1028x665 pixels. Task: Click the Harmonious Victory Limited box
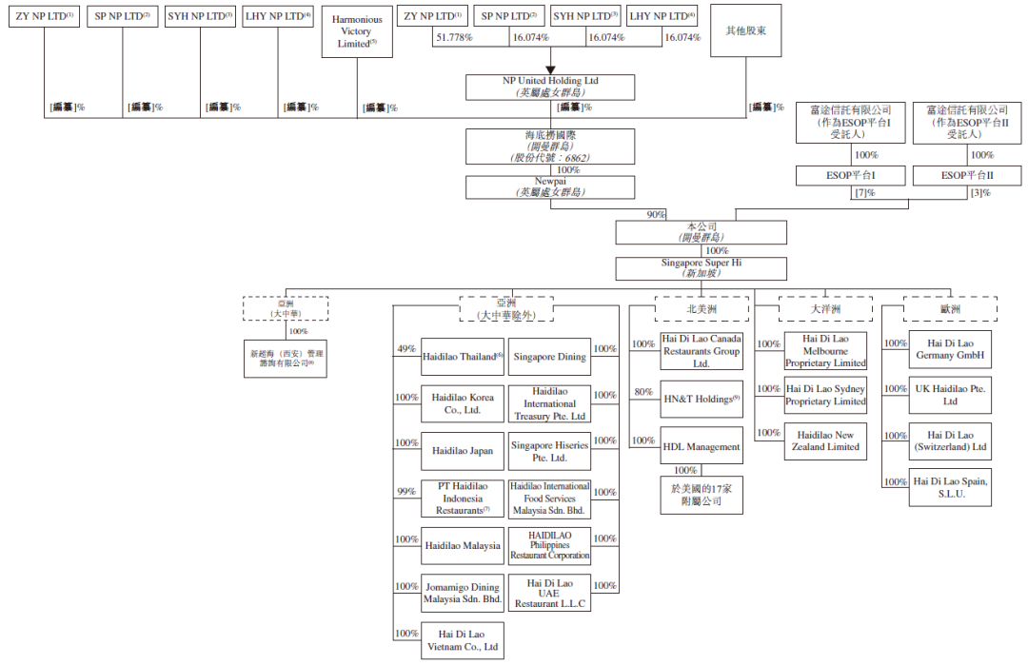357,32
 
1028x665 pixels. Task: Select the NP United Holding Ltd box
551,88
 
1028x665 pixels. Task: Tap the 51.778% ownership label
454,37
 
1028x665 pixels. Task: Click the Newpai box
551,186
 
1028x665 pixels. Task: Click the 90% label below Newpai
657,215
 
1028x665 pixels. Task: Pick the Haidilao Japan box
463,451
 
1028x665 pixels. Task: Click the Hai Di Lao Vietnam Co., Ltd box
463,640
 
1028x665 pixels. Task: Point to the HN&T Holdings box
702,400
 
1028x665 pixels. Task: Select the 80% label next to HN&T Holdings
643,391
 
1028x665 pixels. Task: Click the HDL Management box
702,446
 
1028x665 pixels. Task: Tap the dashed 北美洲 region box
702,308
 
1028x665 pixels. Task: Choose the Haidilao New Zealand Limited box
825,441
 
